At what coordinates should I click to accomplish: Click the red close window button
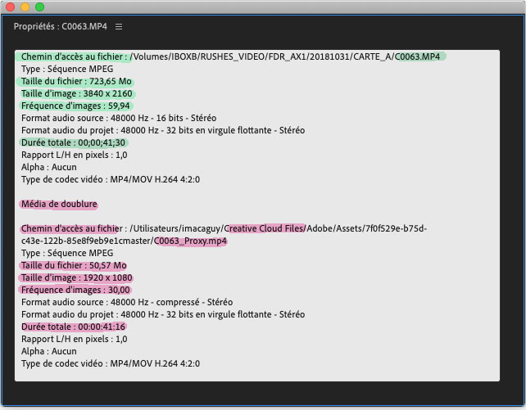(11, 7)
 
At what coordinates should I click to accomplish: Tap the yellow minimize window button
(25, 7)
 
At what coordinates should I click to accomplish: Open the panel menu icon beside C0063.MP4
(119, 26)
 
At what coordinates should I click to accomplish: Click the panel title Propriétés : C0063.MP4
(61, 26)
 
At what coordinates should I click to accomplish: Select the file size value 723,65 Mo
(111, 81)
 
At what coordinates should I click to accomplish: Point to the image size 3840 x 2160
(107, 93)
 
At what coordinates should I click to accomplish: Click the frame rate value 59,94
(119, 106)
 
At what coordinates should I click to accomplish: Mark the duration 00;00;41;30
(102, 142)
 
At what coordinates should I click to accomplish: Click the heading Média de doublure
(59, 204)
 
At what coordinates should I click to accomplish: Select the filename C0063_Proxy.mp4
(191, 241)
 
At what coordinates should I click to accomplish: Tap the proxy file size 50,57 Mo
(108, 266)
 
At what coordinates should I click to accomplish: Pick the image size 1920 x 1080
(107, 277)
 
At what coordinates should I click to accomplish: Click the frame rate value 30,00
(119, 290)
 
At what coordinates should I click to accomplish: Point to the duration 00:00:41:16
(102, 327)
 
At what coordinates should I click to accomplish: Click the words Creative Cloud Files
(264, 228)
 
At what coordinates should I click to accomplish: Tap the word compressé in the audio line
(178, 303)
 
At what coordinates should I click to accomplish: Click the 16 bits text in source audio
(170, 118)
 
